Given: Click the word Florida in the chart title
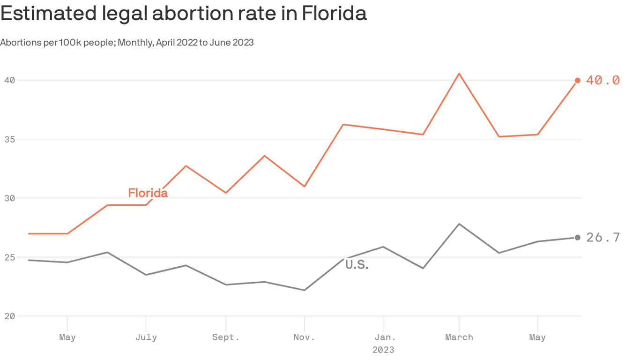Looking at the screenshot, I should (334, 14).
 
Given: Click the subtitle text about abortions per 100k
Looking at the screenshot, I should (127, 43).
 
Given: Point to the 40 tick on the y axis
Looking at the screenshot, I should (9, 80).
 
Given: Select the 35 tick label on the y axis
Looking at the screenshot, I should (9, 139).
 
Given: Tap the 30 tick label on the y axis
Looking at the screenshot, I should (9, 198).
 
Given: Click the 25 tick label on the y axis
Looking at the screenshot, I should (9, 257).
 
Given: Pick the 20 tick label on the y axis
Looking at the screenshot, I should (9, 316).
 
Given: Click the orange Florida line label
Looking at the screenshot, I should (148, 193).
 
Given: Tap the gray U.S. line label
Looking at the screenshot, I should (357, 265).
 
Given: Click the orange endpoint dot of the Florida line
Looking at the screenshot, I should (577, 81).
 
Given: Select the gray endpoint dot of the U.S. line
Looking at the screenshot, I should (577, 238).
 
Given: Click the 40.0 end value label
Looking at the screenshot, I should (603, 81).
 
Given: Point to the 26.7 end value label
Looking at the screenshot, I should (603, 238).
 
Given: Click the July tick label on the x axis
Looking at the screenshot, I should (146, 337).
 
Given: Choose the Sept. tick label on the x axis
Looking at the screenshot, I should (226, 337).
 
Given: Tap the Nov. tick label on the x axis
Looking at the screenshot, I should (305, 337).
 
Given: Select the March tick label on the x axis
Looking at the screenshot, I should (459, 337).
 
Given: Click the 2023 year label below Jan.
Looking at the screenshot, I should (383, 350).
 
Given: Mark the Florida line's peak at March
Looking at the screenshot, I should (459, 74).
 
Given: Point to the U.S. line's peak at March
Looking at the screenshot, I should (459, 224).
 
